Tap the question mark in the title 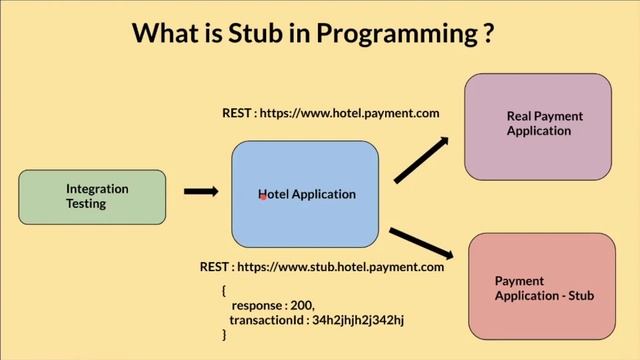point(487,32)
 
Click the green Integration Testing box point(92,196)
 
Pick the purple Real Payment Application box point(538,124)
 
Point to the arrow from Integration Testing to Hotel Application point(201,191)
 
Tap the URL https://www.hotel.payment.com point(349,113)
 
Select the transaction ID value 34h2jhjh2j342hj point(357,320)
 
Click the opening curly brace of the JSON point(224,290)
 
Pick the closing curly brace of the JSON point(224,335)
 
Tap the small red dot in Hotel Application point(262,198)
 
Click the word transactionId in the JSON point(267,320)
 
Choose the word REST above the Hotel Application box point(237,113)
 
